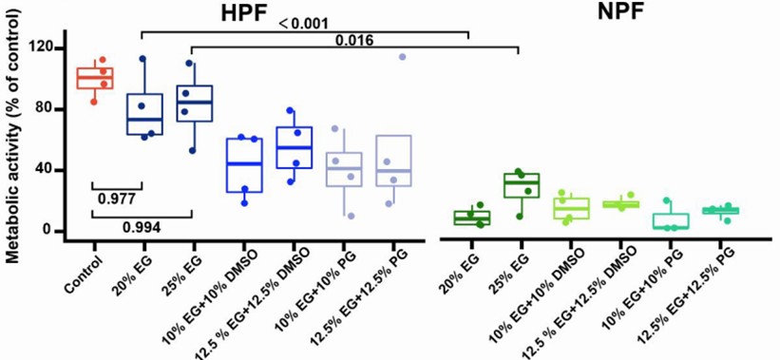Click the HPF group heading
(x=242, y=13)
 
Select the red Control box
(x=95, y=78)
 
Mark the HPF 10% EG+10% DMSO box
(x=243, y=165)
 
